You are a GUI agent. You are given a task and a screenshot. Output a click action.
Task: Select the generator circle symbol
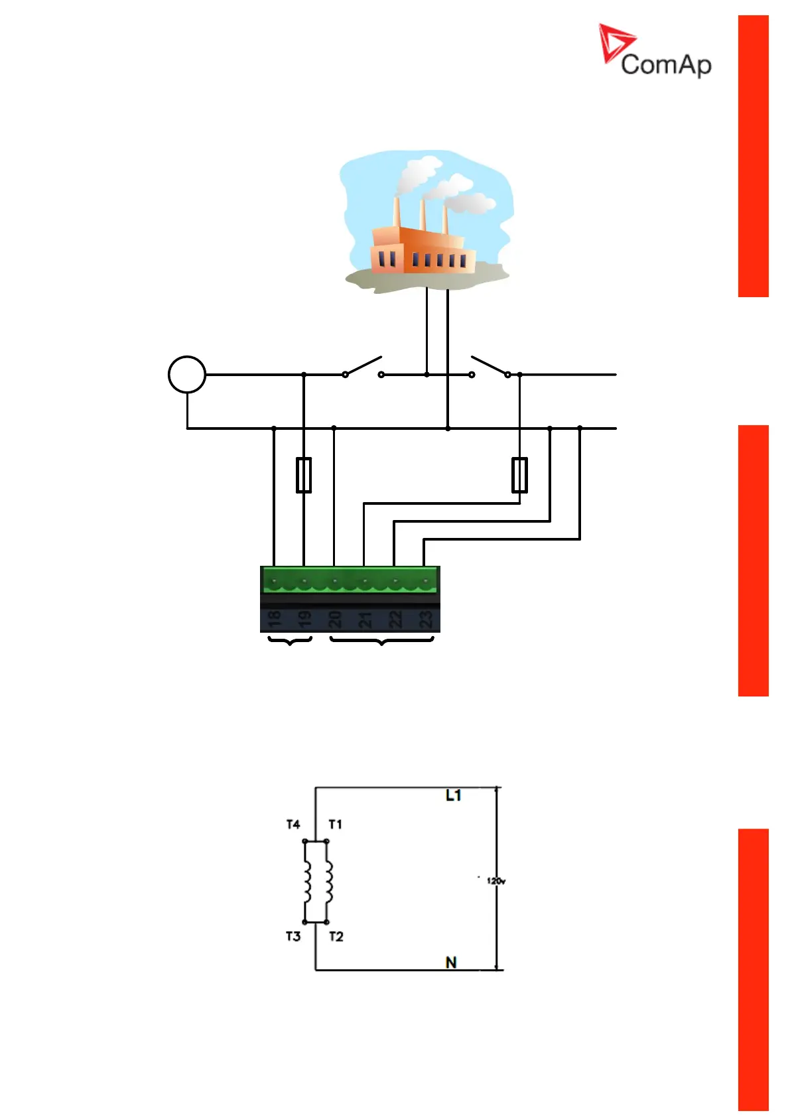(187, 374)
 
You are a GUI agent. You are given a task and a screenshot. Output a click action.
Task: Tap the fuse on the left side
(304, 475)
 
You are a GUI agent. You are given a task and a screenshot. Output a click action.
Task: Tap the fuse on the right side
(520, 475)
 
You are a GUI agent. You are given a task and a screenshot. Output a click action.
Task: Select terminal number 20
(334, 619)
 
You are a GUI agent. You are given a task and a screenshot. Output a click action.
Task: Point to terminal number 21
(365, 619)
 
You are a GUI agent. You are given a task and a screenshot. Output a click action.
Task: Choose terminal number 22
(395, 619)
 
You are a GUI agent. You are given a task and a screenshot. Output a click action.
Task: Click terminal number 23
(425, 619)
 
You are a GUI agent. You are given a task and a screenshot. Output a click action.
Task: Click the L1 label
(454, 795)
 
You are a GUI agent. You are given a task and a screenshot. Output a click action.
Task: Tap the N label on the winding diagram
(451, 962)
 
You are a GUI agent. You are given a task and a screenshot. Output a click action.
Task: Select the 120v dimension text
(496, 881)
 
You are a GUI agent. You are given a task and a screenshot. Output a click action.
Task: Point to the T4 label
(293, 824)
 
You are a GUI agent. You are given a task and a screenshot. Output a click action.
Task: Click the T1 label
(336, 824)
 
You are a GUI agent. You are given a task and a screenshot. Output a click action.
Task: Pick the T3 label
(293, 937)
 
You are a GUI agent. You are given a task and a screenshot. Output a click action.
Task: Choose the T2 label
(336, 937)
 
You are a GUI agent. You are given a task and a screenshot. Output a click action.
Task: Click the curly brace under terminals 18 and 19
(290, 641)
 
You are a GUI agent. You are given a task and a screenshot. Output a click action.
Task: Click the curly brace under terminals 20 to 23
(381, 641)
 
